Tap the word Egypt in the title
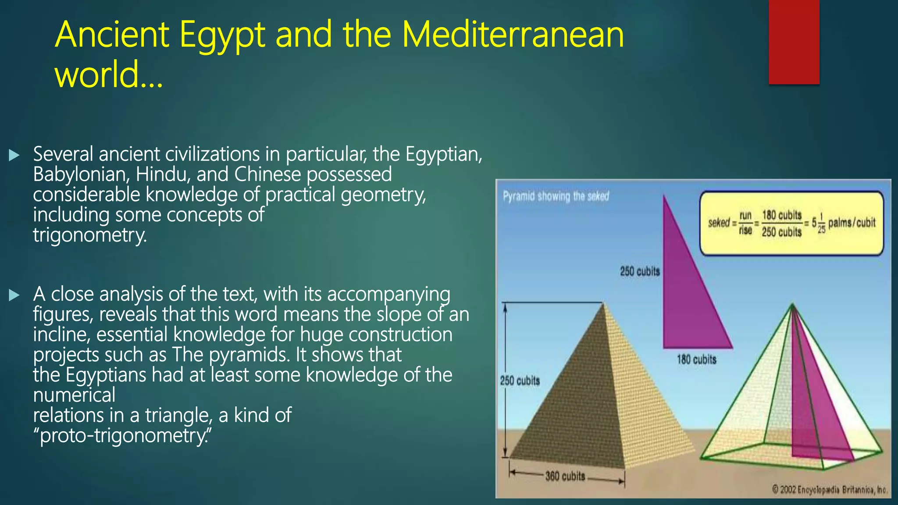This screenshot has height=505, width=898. click(x=222, y=35)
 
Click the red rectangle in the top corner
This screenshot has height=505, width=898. click(x=794, y=42)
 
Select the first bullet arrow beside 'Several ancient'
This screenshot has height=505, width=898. click(x=14, y=155)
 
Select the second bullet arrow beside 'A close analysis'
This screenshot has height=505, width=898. click(x=14, y=295)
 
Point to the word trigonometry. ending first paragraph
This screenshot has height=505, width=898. click(x=90, y=235)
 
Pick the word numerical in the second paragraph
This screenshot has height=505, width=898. click(x=74, y=395)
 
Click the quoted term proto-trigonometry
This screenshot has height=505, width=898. click(x=122, y=435)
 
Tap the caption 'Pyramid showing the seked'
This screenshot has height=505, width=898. click(x=556, y=196)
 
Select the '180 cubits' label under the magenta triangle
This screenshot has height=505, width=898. click(x=696, y=359)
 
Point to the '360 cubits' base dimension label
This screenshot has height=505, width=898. click(x=565, y=476)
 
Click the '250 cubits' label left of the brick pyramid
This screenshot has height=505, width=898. click(x=520, y=381)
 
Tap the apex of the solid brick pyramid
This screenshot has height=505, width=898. click(x=604, y=303)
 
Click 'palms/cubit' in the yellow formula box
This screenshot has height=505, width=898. click(x=852, y=223)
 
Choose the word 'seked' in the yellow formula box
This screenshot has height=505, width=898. click(x=719, y=223)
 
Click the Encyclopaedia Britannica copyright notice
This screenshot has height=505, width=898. click(x=830, y=490)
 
